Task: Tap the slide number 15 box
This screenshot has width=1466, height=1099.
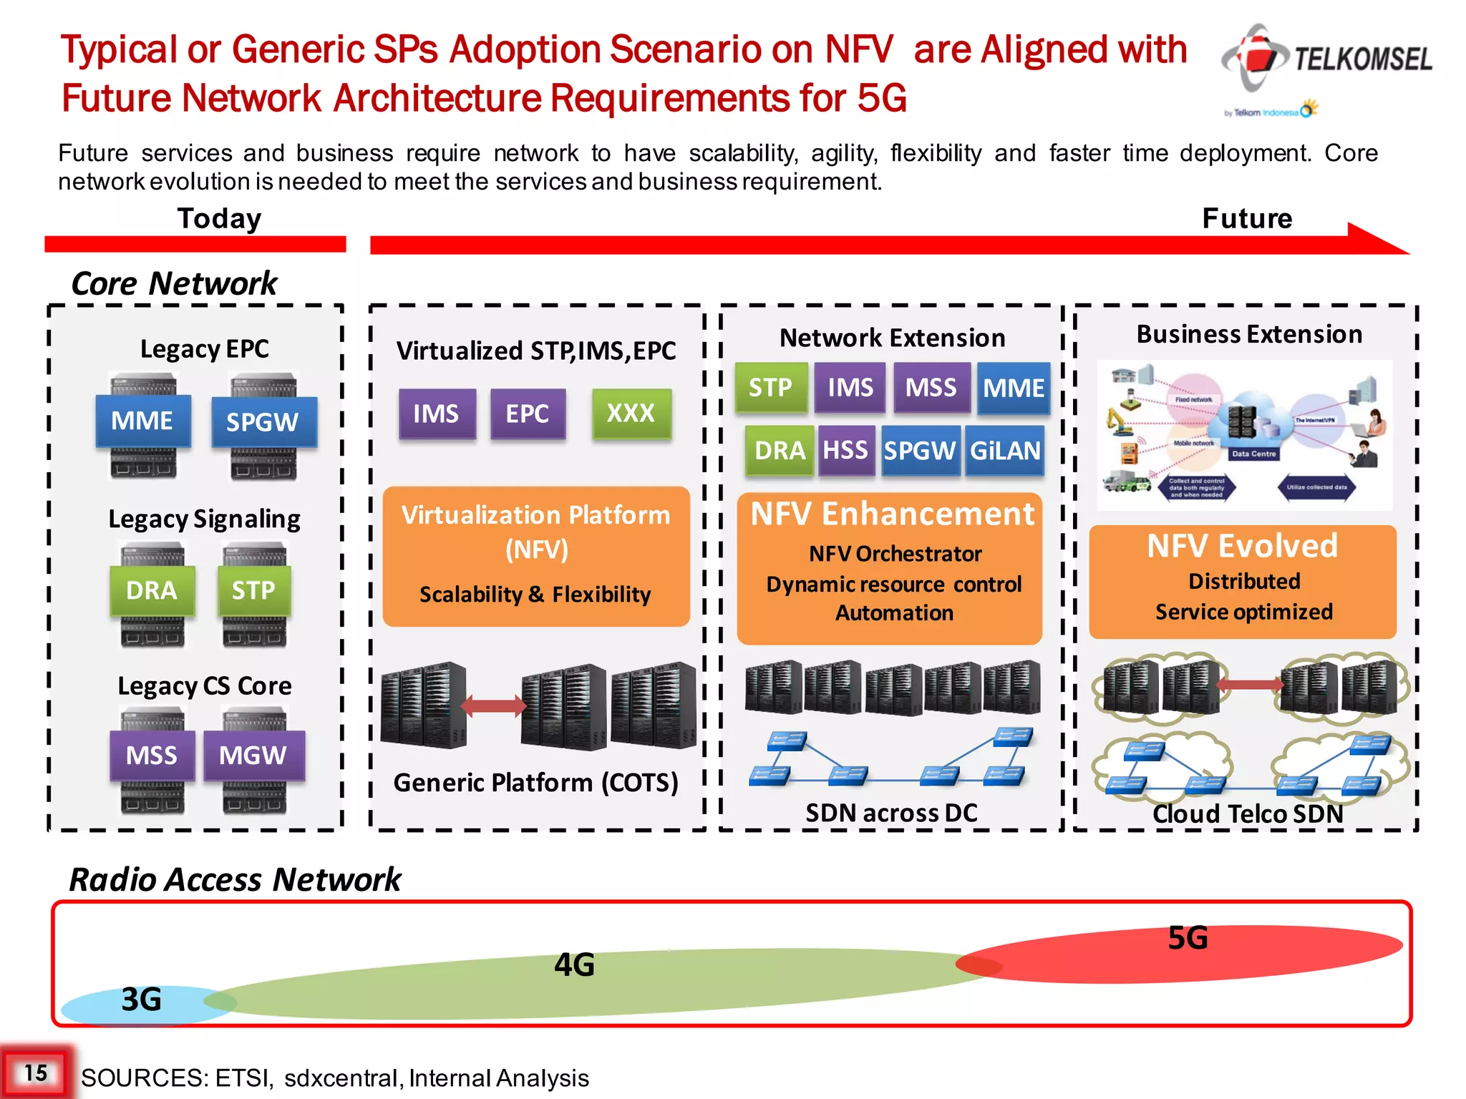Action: (36, 1073)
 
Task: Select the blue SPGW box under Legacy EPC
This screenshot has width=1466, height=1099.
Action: (263, 422)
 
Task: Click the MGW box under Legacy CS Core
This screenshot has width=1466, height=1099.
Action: (253, 756)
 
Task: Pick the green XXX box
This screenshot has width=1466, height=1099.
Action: (631, 414)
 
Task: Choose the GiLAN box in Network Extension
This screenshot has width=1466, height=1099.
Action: (1005, 451)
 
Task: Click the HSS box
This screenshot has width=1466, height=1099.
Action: (845, 451)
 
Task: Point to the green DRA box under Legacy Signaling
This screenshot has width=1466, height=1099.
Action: (152, 591)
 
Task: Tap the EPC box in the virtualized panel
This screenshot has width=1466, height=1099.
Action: (528, 414)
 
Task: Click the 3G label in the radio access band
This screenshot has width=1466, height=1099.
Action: (141, 1000)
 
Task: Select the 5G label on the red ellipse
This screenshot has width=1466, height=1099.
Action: (1188, 938)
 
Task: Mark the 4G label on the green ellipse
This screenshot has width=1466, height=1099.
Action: (574, 965)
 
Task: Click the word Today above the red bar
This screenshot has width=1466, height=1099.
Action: (219, 218)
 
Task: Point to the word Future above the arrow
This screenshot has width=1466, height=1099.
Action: (1247, 218)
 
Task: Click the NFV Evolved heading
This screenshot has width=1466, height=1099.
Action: (1242, 546)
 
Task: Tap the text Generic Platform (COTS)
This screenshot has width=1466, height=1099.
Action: (535, 783)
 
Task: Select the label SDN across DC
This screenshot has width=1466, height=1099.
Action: (891, 813)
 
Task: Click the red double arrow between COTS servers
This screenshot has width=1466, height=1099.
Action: (493, 706)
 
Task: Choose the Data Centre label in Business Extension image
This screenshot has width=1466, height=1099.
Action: (1253, 454)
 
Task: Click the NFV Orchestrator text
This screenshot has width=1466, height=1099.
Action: (895, 554)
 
